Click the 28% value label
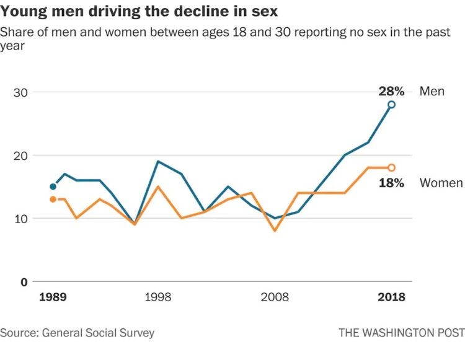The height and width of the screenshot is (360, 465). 391,92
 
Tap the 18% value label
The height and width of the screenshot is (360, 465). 391,183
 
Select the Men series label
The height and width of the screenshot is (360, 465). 432,92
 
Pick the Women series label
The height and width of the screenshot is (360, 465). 441,183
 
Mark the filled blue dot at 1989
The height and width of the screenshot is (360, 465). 53,187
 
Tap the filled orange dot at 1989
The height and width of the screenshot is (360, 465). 53,199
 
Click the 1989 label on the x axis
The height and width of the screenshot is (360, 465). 53,297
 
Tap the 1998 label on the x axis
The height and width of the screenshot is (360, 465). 158,297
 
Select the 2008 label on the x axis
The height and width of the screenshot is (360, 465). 275,297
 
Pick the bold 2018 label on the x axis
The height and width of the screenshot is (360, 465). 391,297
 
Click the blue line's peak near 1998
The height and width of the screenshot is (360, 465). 158,161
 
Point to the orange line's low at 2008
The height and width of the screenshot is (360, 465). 275,230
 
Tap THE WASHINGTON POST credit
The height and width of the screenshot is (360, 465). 401,333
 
